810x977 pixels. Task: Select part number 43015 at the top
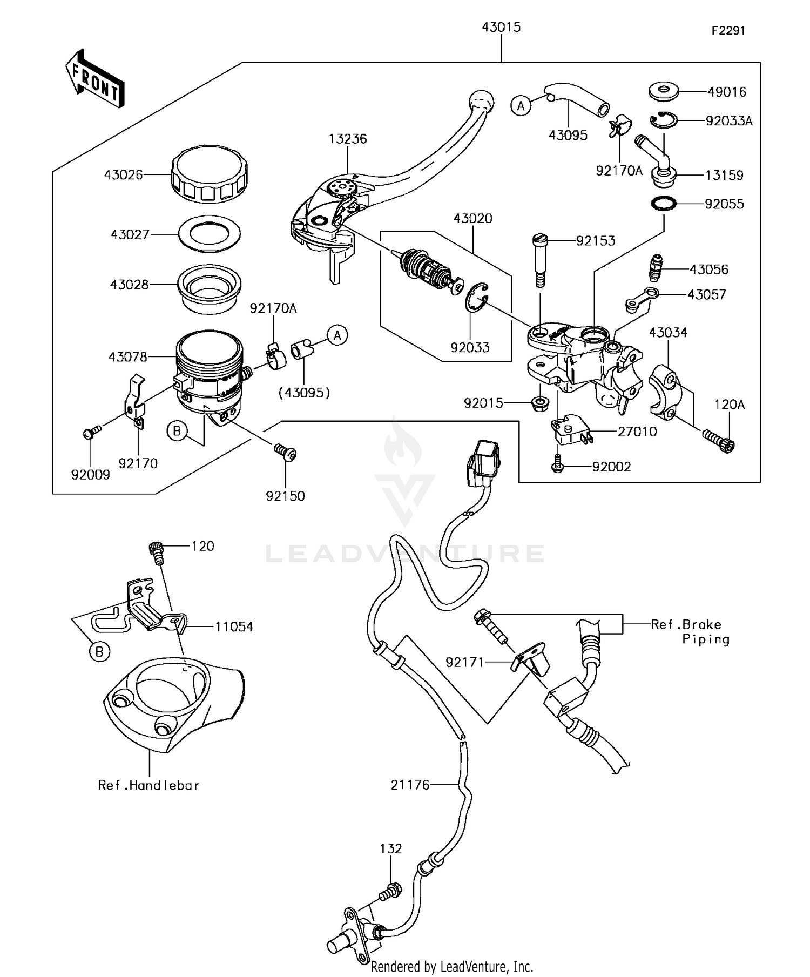[501, 27]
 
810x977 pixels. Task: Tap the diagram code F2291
[727, 31]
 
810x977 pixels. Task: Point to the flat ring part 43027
[210, 234]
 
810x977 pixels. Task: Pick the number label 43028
[129, 285]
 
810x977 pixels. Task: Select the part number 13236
[348, 139]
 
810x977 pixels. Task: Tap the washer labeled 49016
[664, 91]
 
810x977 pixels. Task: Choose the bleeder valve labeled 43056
[656, 268]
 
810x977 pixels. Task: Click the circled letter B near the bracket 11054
[99, 652]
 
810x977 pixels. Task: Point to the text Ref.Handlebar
[148, 785]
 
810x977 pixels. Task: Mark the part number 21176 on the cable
[410, 785]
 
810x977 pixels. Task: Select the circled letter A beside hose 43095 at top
[521, 106]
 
